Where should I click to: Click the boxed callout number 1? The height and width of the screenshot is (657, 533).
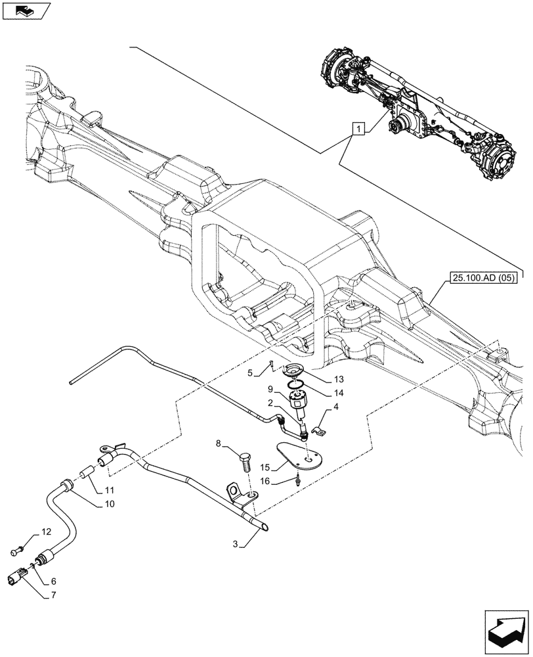358,129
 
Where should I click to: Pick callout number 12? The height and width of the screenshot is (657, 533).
45,531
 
